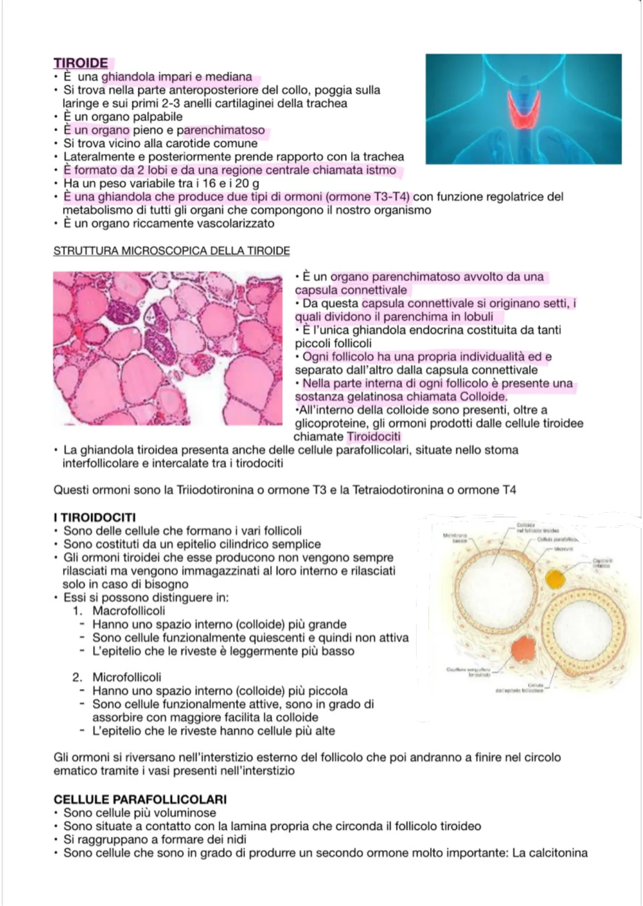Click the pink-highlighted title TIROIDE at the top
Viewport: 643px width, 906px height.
81,63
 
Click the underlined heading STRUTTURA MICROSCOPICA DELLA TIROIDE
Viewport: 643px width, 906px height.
171,251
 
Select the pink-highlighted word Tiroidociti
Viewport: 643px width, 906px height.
373,437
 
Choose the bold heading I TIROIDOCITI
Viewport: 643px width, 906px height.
95,518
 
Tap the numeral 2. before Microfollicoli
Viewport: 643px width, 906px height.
78,677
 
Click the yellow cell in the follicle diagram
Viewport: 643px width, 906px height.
555,579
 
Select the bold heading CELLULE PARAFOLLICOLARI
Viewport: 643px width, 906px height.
140,799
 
